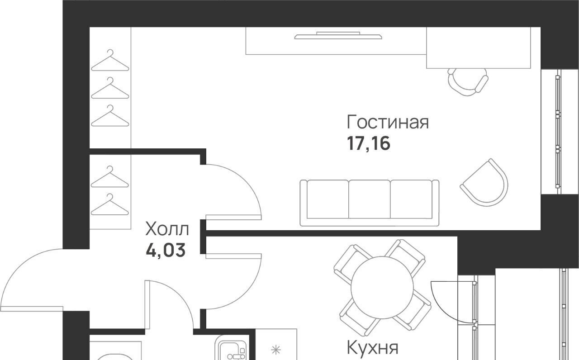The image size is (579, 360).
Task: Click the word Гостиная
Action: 388,122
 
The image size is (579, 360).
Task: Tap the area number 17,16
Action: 368,144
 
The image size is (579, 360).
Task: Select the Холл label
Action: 167,229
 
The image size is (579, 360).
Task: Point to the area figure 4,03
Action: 166,250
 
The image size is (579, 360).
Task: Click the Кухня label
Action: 372,348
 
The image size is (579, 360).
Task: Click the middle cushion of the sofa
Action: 370,199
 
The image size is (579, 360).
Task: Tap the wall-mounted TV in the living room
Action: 338,36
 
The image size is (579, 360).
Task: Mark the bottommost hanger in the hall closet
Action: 110,204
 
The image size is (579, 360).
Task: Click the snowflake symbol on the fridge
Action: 276,350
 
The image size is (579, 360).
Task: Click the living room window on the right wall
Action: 558,132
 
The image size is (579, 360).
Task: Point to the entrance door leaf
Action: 32,308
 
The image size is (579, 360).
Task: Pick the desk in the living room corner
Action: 478,48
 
